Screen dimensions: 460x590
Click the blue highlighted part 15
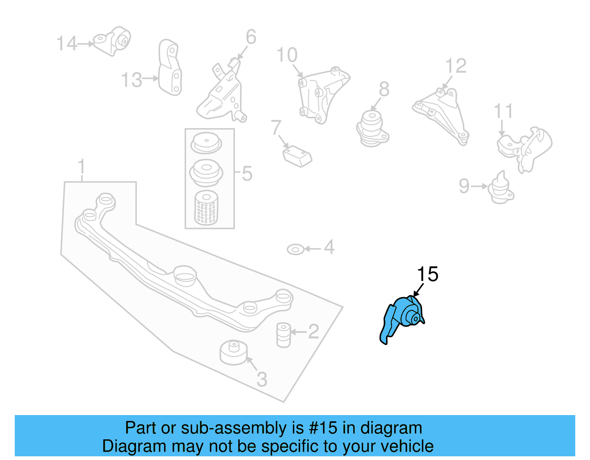pyautogui.click(x=404, y=317)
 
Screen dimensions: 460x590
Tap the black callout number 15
pyautogui.click(x=427, y=274)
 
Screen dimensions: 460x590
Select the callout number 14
pyautogui.click(x=66, y=43)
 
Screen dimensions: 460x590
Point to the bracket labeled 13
pyautogui.click(x=170, y=68)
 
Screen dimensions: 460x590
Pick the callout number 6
pyautogui.click(x=251, y=37)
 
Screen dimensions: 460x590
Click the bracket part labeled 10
pyautogui.click(x=321, y=94)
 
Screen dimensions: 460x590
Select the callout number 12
pyautogui.click(x=456, y=66)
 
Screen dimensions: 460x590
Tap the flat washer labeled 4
pyautogui.click(x=295, y=250)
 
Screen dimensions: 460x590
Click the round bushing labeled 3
pyautogui.click(x=233, y=352)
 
